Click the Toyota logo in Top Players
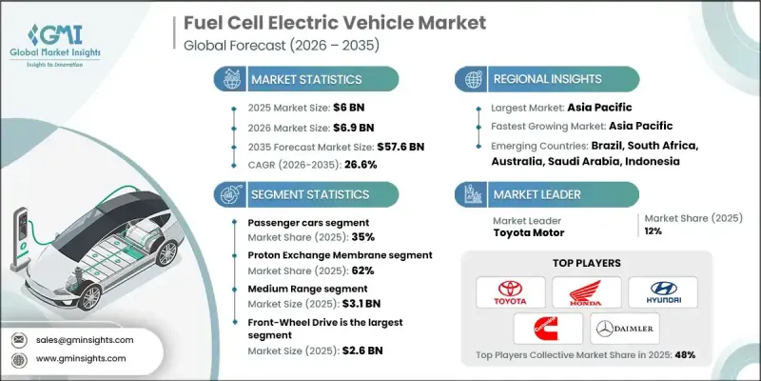[x=510, y=290]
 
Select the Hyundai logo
[x=663, y=290]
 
